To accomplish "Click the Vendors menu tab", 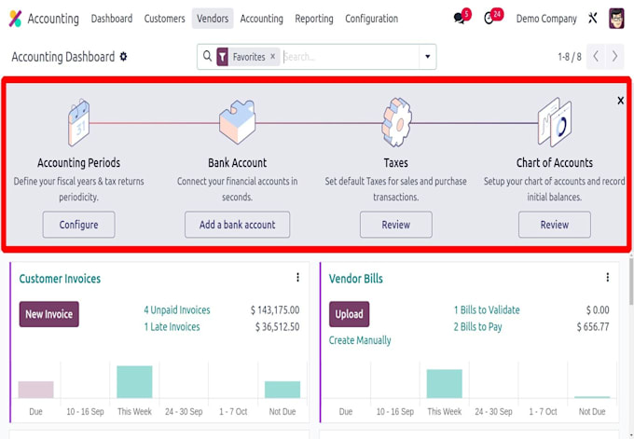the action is [213, 19].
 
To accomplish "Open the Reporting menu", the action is [314, 19].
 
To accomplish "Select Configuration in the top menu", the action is [372, 19].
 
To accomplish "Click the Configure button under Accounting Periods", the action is [79, 225].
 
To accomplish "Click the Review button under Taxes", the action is [396, 225].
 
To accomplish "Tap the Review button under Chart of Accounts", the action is [555, 225].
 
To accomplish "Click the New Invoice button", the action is [48, 314].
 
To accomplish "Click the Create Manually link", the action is [360, 340].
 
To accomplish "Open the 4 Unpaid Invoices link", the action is [177, 310].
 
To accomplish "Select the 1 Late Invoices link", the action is [172, 326].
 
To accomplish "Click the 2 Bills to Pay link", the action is [478, 326].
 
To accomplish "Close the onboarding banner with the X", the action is [621, 101].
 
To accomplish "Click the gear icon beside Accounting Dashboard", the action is [123, 57].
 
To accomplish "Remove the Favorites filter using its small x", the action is [273, 57].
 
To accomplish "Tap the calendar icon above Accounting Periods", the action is [79, 122].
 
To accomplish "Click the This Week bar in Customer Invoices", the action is [134, 382].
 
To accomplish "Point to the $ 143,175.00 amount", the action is [275, 310].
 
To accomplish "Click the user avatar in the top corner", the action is [616, 19].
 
